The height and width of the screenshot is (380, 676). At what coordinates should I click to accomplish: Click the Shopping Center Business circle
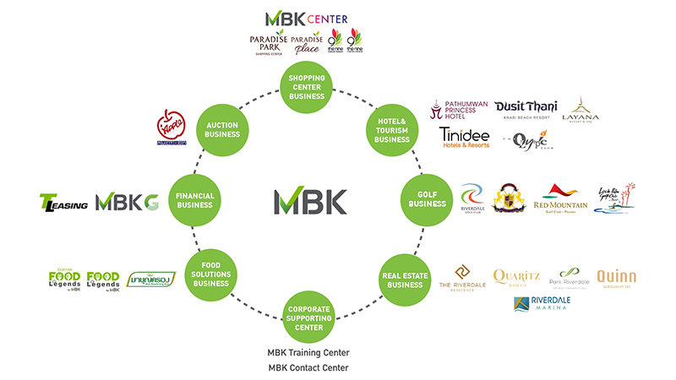click(x=307, y=86)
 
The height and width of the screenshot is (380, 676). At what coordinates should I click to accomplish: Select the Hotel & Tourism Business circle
click(x=391, y=128)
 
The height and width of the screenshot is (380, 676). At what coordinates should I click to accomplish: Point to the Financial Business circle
click(x=194, y=198)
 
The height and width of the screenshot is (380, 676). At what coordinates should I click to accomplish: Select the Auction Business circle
click(x=221, y=128)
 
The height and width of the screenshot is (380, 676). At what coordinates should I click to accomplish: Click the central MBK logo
click(x=310, y=201)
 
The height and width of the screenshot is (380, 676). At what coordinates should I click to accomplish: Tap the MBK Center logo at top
click(x=306, y=18)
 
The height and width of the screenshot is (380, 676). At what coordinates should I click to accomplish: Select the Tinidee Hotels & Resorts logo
click(x=466, y=138)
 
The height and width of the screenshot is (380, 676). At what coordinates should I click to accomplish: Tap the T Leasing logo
click(x=63, y=203)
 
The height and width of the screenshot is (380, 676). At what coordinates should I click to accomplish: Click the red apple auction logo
click(x=169, y=128)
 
